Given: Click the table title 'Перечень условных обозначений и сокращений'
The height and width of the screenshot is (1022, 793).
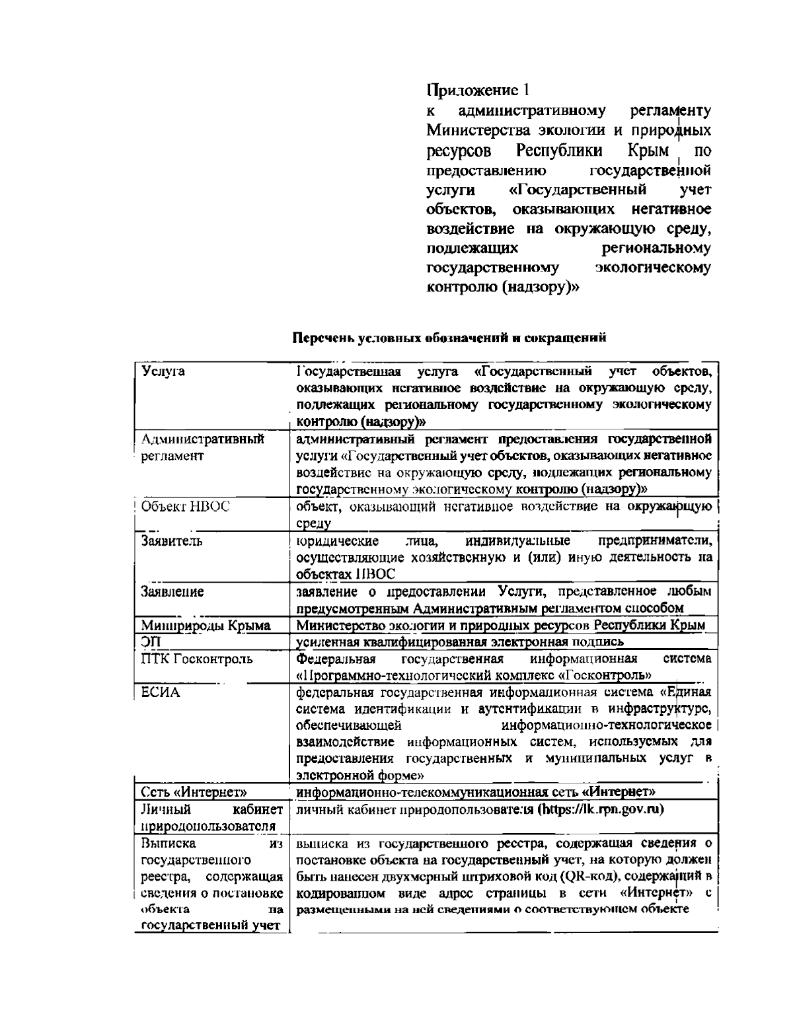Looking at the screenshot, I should (449, 338).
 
